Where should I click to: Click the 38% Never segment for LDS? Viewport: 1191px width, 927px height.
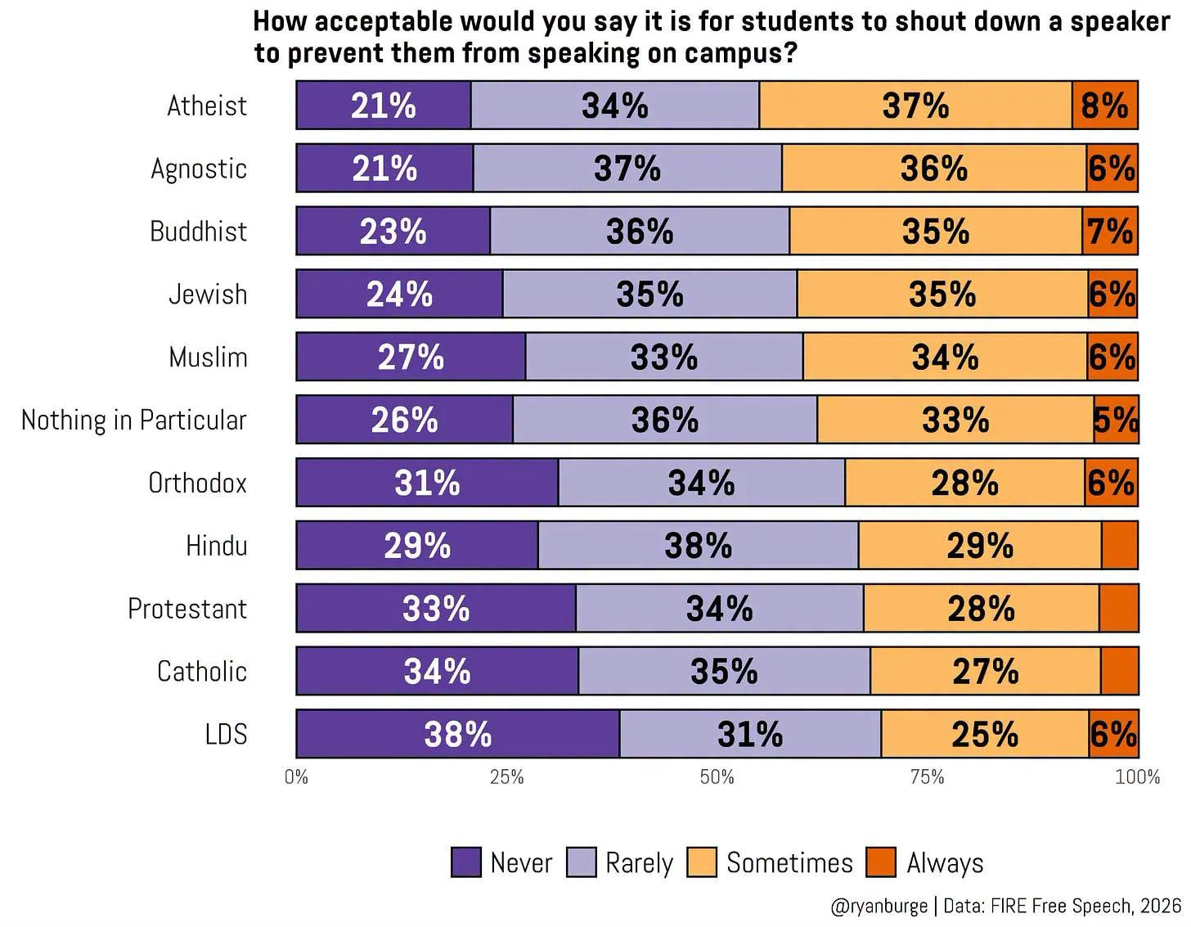(457, 733)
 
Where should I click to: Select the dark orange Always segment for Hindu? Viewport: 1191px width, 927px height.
(1119, 545)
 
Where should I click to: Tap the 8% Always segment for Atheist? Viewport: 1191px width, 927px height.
(1104, 106)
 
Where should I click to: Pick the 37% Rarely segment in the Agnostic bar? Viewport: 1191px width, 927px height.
(627, 168)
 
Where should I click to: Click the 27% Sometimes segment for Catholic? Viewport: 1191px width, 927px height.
(985, 670)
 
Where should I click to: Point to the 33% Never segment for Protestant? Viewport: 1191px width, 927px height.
(436, 608)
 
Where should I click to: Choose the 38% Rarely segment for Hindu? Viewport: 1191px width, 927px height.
(698, 545)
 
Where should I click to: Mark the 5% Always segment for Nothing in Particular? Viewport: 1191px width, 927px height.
(1116, 420)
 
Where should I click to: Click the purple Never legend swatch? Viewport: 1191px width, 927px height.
(466, 862)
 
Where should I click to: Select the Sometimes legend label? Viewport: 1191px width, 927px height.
(789, 863)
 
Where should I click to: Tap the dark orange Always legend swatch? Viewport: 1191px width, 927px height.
(881, 862)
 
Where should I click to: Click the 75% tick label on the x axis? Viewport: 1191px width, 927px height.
(927, 776)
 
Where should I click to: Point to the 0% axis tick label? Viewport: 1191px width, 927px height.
(296, 776)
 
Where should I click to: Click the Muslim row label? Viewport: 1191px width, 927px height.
(208, 357)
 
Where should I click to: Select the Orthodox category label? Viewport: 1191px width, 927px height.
(197, 483)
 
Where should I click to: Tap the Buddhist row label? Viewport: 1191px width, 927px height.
(198, 231)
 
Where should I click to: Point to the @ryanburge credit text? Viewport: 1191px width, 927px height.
(879, 906)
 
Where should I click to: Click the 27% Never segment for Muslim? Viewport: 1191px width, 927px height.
(411, 357)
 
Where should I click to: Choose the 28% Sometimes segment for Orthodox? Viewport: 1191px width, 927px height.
(964, 483)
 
